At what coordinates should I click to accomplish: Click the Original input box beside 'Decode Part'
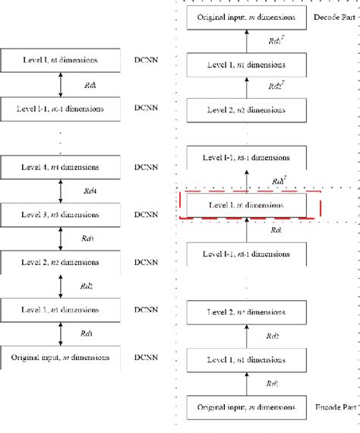click(247, 16)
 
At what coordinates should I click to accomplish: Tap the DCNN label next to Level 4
click(145, 166)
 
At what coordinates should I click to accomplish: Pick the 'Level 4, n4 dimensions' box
click(60, 166)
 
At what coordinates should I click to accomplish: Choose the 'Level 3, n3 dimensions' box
click(60, 213)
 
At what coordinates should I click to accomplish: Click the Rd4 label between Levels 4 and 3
click(88, 190)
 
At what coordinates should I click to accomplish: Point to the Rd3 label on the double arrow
click(88, 238)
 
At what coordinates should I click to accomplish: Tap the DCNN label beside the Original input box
click(145, 356)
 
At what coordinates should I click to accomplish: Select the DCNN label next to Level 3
click(145, 213)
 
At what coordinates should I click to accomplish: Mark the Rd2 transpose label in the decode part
click(276, 86)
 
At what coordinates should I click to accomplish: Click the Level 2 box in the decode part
click(247, 109)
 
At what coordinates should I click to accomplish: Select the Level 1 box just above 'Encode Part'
click(247, 359)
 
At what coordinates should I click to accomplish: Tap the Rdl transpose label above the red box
click(278, 182)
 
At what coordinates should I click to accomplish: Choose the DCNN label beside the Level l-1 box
click(145, 109)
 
